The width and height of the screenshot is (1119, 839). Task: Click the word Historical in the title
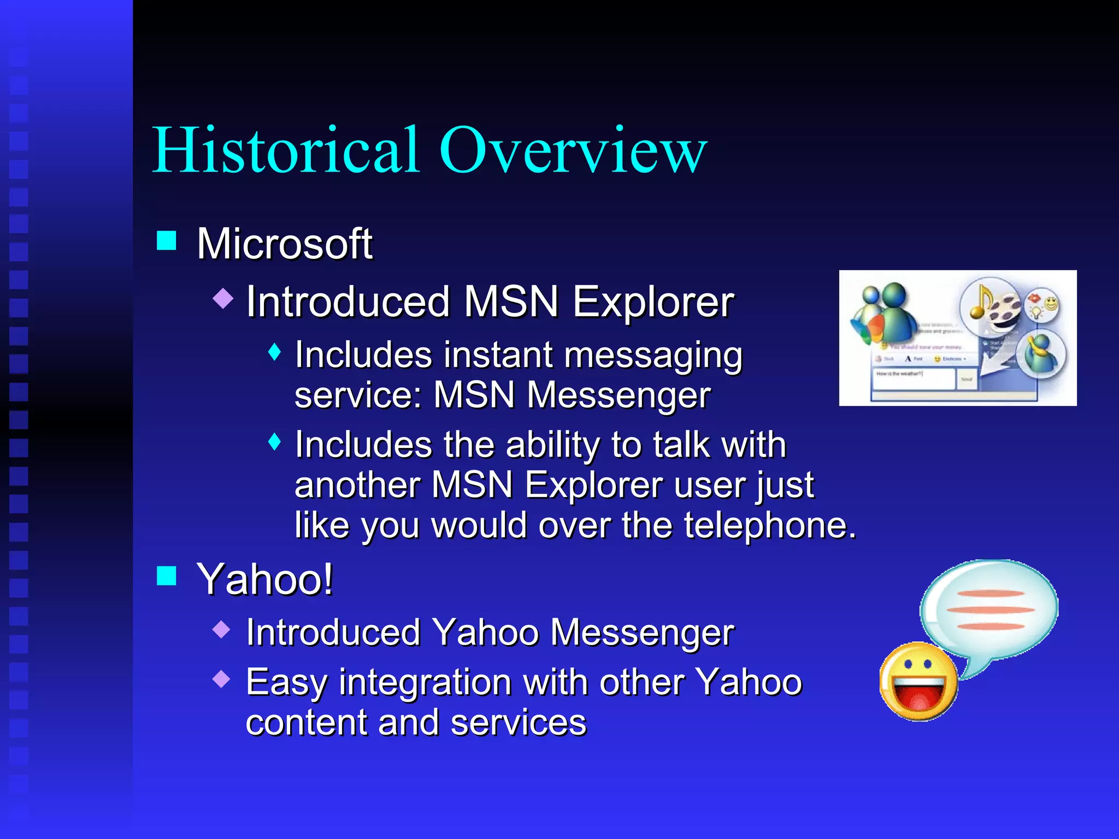pos(286,150)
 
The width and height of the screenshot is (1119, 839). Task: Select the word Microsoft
pos(284,244)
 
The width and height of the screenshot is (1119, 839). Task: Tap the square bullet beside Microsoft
pos(167,240)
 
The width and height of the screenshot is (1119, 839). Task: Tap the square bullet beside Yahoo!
pos(167,576)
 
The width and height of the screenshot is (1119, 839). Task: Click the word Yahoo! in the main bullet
pos(264,579)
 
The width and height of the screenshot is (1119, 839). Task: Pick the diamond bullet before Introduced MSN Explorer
pos(223,298)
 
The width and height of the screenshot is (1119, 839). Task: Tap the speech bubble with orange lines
pos(989,609)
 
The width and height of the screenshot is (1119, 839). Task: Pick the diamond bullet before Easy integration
pos(222,678)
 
